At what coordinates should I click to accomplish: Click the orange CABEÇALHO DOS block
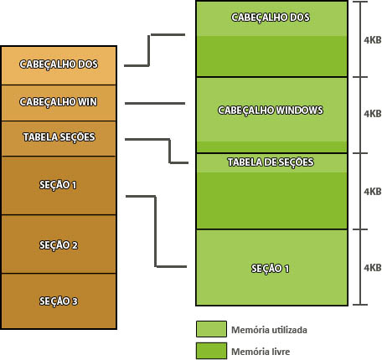coord(59,65)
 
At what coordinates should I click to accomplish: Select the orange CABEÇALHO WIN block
coord(59,103)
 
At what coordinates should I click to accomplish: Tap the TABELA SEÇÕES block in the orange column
coord(59,138)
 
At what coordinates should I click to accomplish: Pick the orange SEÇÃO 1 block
coord(59,185)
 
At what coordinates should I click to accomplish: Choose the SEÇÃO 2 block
coord(59,244)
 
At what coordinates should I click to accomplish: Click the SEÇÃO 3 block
coord(59,301)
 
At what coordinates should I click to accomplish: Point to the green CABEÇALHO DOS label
coord(271,18)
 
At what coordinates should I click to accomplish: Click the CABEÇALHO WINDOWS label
coord(271,111)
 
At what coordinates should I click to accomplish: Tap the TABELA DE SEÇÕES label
coord(271,162)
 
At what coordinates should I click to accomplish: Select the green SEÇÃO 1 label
coord(270,269)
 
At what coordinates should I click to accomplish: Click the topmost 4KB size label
coord(373,40)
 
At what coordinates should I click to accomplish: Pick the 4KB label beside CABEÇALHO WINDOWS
coord(373,114)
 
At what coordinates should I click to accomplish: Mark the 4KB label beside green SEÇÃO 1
coord(373,268)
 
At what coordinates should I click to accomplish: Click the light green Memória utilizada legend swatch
coord(211,329)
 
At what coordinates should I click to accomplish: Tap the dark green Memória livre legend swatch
coord(211,351)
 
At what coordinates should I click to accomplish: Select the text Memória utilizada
coord(269,330)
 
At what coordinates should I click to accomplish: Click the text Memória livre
coord(261,352)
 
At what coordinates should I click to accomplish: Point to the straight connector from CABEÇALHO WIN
coord(155,104)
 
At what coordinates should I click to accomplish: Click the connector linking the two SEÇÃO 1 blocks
coord(156,232)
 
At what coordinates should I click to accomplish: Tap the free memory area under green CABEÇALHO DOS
coord(271,56)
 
